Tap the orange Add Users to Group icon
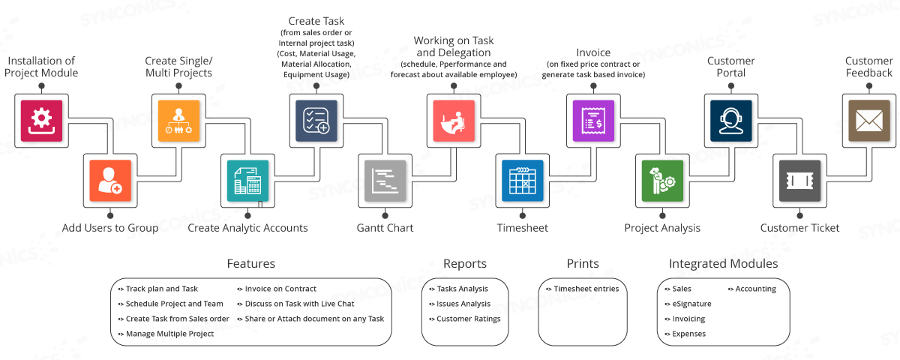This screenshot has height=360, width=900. click(110, 181)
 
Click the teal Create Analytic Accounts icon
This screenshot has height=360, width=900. click(247, 181)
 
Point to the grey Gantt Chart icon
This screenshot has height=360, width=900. click(385, 181)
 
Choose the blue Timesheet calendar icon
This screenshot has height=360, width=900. click(523, 181)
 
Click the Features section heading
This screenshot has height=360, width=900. click(250, 264)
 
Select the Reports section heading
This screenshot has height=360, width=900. click(465, 264)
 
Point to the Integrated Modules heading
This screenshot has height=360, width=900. click(723, 264)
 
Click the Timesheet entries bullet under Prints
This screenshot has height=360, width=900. click(586, 289)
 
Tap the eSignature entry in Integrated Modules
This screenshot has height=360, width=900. click(691, 304)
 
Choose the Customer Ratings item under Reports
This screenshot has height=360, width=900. click(468, 319)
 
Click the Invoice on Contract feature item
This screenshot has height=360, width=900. click(280, 289)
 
